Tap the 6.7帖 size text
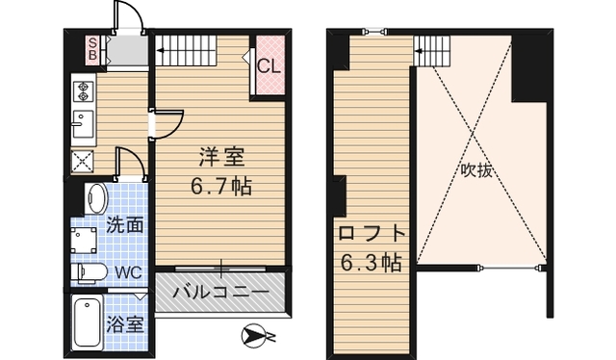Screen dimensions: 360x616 click(220, 186)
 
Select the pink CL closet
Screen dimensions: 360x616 click(269, 65)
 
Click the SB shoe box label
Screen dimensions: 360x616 click(93, 47)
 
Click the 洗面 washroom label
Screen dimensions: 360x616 click(124, 227)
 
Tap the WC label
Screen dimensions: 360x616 click(127, 272)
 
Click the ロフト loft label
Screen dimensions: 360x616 click(370, 234)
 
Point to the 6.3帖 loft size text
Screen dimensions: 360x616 click(370, 261)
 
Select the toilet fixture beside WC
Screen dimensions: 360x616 click(90, 271)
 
